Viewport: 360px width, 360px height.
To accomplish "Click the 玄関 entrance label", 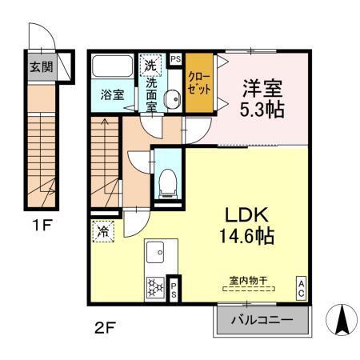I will click(42, 67).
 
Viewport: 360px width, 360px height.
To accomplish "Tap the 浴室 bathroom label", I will click(112, 94).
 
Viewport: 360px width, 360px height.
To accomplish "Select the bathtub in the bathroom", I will click(113, 66).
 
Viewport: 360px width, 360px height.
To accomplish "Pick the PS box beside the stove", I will click(174, 287).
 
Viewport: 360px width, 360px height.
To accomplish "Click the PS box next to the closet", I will click(176, 58).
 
